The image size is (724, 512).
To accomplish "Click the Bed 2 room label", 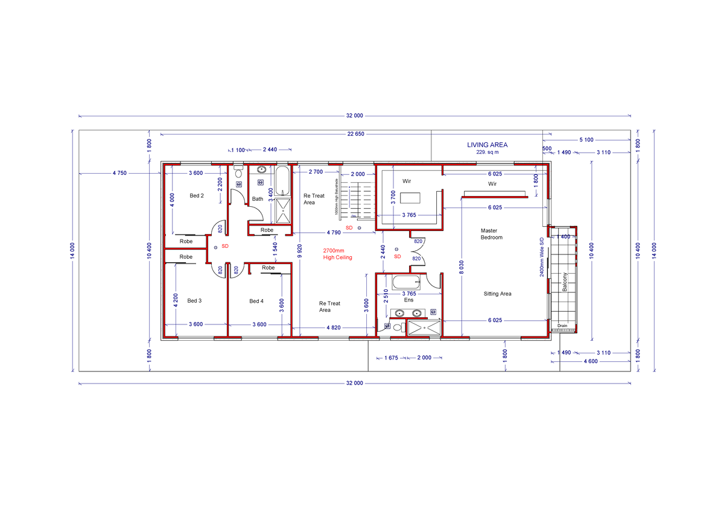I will [x=197, y=195].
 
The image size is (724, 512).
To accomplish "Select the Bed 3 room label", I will [x=194, y=300].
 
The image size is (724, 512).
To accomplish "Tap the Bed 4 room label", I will [x=256, y=301].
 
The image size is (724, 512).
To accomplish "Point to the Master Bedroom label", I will [x=491, y=234].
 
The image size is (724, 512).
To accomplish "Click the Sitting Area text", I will [x=497, y=294].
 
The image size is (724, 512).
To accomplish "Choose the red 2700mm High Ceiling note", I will [x=337, y=254].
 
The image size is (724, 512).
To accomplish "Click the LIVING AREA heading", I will [x=487, y=145].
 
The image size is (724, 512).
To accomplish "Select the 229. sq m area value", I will [x=487, y=153].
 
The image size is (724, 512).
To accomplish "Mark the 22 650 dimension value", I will [x=355, y=134].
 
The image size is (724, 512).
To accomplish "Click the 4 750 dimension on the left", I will [x=119, y=173].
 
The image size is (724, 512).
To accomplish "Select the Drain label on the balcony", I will [x=562, y=326].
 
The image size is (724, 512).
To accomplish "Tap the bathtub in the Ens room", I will [x=405, y=282].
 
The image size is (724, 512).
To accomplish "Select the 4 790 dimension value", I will [x=334, y=232].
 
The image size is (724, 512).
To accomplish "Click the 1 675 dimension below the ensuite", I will [x=390, y=358].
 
